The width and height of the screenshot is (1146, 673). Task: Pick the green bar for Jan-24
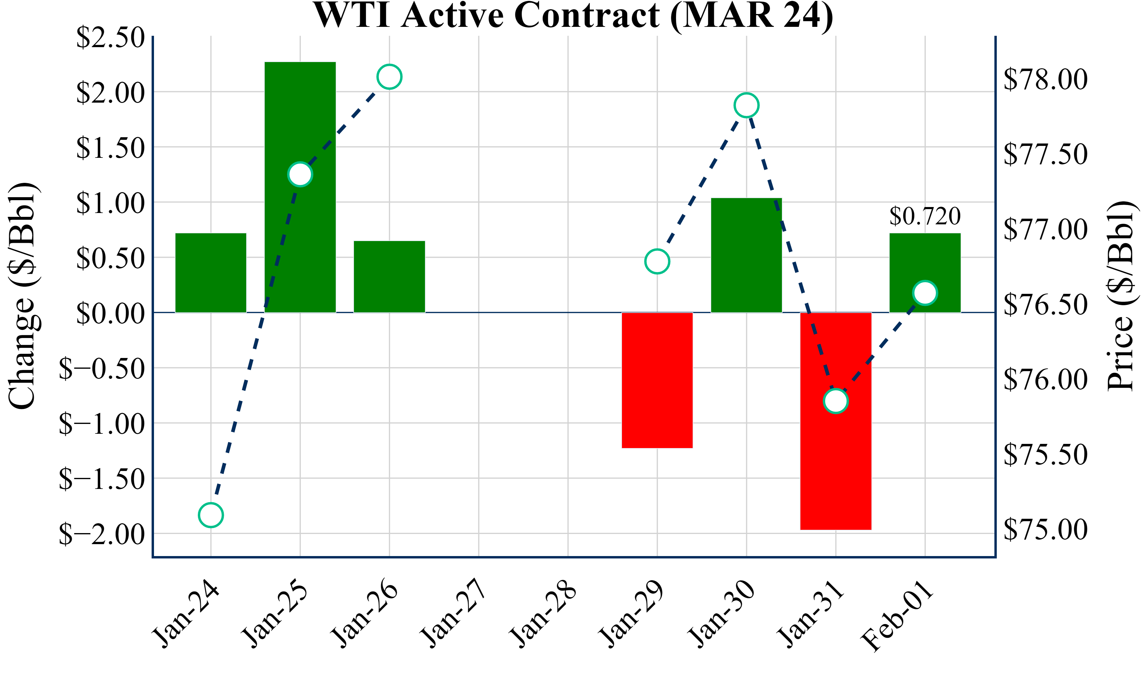[x=211, y=273]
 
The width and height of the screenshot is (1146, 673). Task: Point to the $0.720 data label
[x=925, y=216]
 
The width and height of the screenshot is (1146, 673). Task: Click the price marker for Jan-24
[x=211, y=515]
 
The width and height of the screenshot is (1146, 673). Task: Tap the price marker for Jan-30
[x=746, y=105]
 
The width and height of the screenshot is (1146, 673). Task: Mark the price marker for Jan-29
[x=657, y=261]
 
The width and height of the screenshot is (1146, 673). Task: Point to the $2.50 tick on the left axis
[x=110, y=37]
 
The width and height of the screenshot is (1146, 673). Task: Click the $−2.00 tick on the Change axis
[x=102, y=534]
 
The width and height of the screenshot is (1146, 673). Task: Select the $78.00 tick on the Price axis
[x=1045, y=79]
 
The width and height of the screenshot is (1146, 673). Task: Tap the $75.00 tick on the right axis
[x=1045, y=529]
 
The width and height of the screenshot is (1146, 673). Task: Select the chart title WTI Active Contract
[x=573, y=16]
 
